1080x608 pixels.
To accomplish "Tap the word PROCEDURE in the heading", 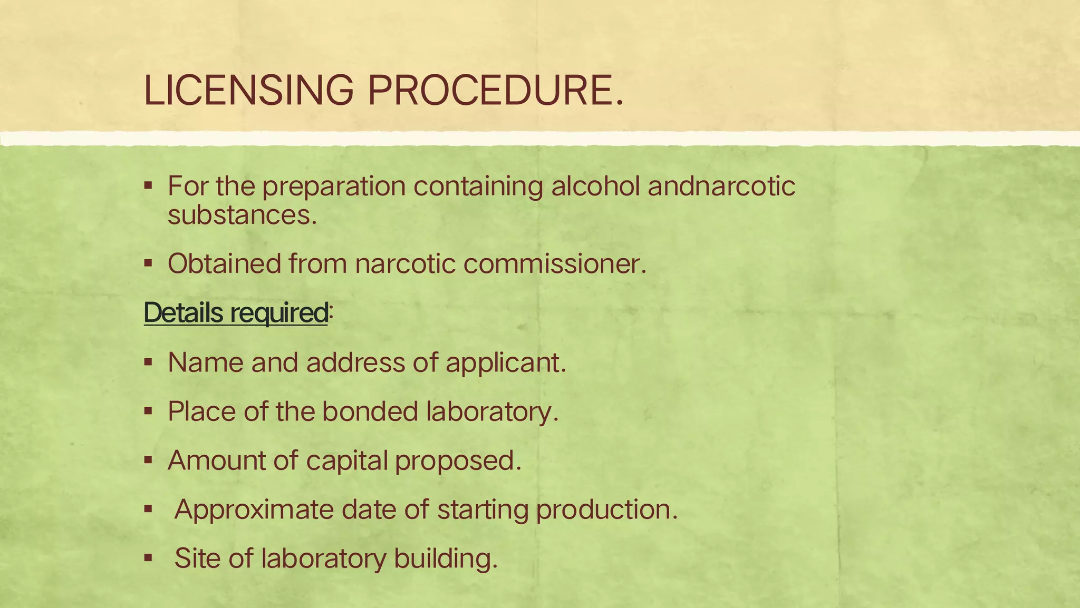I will tap(496, 90).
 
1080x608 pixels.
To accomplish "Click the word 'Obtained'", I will tap(224, 263).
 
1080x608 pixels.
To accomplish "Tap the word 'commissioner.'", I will tap(555, 263).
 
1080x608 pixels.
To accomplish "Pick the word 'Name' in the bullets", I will tap(206, 362).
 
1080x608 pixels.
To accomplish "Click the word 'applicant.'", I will tap(506, 362).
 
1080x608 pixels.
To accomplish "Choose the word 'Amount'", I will tap(216, 460).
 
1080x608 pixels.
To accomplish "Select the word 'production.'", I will tap(606, 509).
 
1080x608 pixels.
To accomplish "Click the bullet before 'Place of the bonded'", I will tap(148, 411).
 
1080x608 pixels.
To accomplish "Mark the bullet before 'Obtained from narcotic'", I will tap(148, 263).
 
